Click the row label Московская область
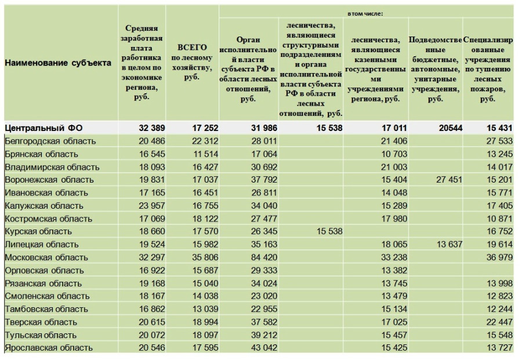pos(46,257)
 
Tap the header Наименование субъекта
pos(58,63)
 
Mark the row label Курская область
pos(38,231)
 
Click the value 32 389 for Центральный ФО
pos(152,128)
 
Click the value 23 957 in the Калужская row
pos(152,206)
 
